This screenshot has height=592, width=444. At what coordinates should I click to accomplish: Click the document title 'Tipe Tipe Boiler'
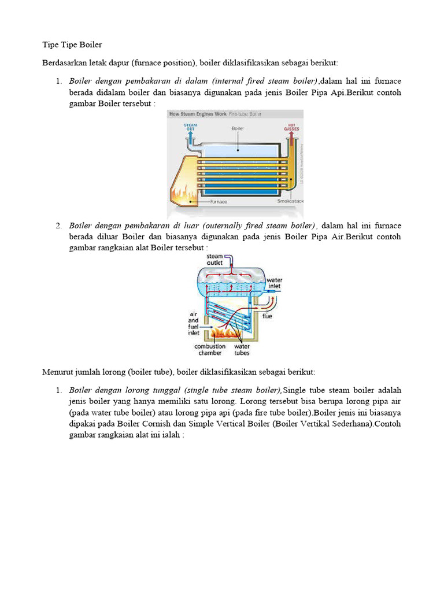point(72,45)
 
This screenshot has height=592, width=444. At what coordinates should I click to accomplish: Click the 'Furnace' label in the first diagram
point(219,202)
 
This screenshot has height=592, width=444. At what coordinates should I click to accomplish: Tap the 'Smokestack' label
point(290,201)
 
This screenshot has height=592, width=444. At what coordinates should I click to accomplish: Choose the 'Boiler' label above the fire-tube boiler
point(237,128)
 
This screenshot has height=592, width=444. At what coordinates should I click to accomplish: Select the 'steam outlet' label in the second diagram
point(214,260)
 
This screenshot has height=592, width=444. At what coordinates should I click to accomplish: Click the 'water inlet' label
point(274,283)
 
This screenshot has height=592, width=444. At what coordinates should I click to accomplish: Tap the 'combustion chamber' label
point(210,349)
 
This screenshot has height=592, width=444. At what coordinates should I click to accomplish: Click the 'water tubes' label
point(242,349)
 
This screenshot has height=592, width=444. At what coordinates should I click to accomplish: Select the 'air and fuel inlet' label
point(193,323)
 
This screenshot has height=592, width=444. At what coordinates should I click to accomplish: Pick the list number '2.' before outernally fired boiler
point(59,225)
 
